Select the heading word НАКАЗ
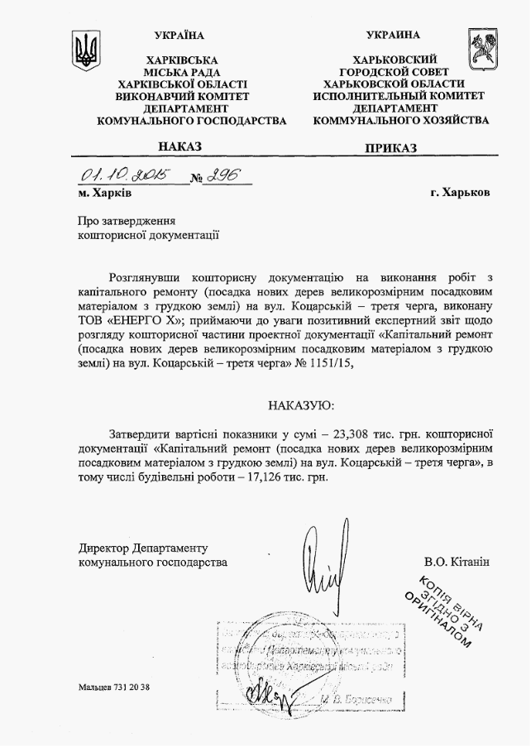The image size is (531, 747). [179, 146]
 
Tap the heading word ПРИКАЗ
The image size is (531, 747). [390, 148]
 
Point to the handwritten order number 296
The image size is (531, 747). [222, 176]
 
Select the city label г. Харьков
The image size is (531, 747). [460, 193]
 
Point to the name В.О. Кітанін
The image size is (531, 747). [457, 563]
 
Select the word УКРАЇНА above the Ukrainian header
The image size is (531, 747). [179, 35]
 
